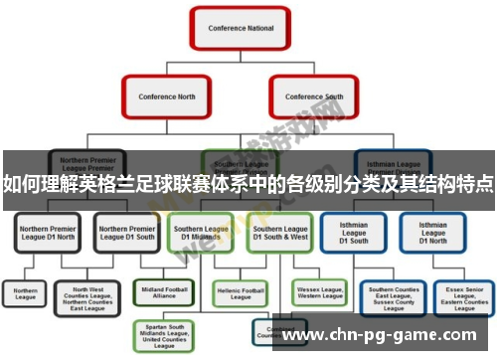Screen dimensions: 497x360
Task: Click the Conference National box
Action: click(x=240, y=29)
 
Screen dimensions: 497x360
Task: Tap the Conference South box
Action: click(x=314, y=96)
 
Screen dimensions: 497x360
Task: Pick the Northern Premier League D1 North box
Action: click(x=48, y=233)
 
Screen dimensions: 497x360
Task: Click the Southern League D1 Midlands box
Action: click(x=202, y=233)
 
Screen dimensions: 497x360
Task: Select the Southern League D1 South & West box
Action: click(x=279, y=233)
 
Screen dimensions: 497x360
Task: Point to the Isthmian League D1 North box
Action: click(x=432, y=233)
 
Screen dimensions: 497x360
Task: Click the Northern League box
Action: click(x=26, y=294)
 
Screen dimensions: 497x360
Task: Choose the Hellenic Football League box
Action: click(x=240, y=294)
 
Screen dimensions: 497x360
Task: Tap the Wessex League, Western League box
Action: click(x=319, y=294)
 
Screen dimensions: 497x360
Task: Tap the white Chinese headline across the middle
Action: click(x=248, y=184)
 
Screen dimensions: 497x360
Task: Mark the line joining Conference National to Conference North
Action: click(x=199, y=62)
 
